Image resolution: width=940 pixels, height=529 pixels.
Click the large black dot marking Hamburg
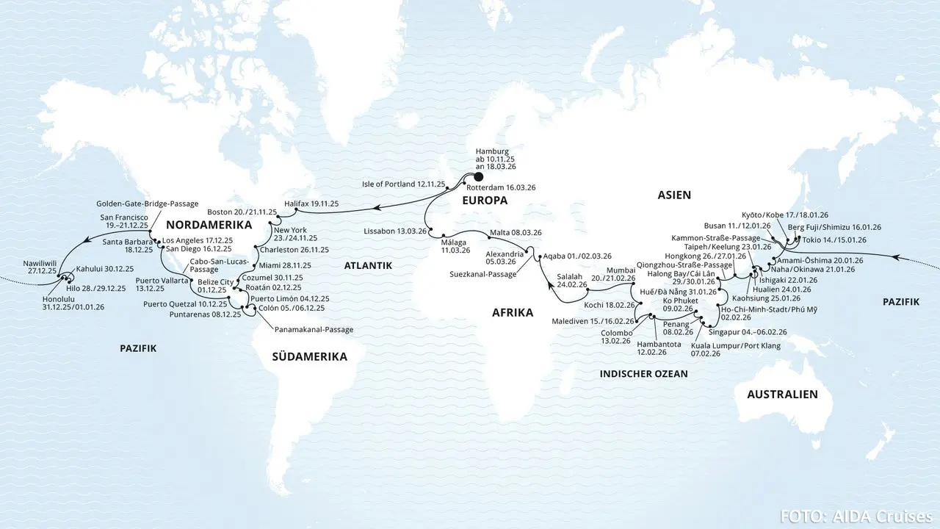tap(479, 176)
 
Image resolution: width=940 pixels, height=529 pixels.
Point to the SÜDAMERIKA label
tap(308, 356)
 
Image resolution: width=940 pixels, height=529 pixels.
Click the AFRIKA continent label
tap(513, 312)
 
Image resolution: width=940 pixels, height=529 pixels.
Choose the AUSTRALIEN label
tap(782, 395)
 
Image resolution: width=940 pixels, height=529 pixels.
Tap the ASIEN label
tap(674, 195)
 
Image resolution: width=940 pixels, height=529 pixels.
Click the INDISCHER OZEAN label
tap(643, 374)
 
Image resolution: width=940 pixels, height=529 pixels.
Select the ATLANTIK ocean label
tap(368, 265)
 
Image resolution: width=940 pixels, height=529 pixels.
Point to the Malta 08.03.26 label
tap(515, 232)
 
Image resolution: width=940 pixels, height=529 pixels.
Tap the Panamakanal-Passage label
tap(314, 330)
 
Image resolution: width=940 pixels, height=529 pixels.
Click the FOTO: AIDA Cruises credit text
tap(856, 516)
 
